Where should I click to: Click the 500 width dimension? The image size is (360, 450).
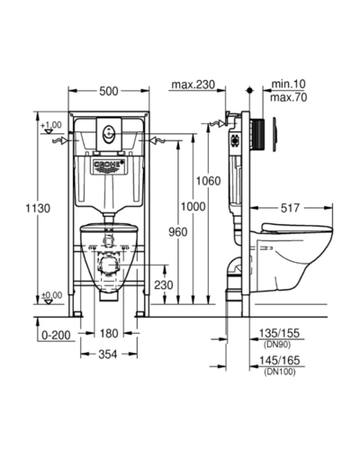[x=109, y=91]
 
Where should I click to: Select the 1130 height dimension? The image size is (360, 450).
[x=38, y=208]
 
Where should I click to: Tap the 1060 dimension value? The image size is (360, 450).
[x=208, y=181]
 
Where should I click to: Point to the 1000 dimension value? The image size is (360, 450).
[x=193, y=206]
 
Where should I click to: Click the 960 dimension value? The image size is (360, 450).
[x=178, y=232]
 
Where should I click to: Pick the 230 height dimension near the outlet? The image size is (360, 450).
[x=164, y=284]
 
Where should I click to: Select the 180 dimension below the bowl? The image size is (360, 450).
[x=109, y=333]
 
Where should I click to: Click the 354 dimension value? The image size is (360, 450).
[x=108, y=355]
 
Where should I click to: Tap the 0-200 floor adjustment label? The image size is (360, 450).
[x=56, y=335]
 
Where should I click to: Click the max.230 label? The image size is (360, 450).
[x=193, y=85]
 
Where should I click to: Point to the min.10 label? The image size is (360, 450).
[x=288, y=84]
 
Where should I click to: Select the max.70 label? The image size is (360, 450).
[x=289, y=97]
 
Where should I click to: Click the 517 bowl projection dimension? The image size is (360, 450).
[x=290, y=208]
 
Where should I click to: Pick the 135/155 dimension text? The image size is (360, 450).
[x=279, y=333]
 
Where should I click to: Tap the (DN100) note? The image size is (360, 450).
[x=280, y=372]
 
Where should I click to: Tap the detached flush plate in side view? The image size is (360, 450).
[x=275, y=134]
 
